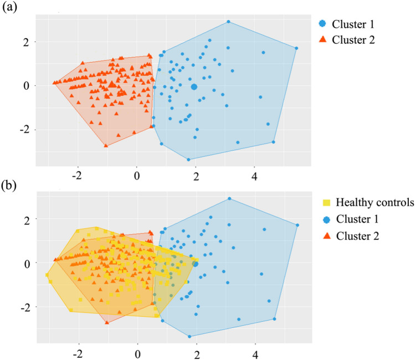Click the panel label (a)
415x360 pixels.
(9, 7)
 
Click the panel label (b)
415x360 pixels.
(9, 185)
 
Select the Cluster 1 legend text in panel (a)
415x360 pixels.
(353, 24)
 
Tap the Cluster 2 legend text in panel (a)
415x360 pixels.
(353, 40)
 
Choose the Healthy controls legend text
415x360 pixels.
(375, 202)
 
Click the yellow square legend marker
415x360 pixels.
(326, 203)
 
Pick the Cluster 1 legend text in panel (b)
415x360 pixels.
(357, 219)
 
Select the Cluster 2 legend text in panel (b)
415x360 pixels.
(357, 236)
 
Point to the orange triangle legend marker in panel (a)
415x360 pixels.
(322, 39)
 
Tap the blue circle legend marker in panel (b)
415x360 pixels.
(327, 219)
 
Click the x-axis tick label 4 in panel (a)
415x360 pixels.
(255, 177)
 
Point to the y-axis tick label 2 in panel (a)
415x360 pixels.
(26, 42)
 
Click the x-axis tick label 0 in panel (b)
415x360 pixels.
(137, 354)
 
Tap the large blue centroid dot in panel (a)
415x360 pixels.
(194, 87)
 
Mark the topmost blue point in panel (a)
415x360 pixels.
(229, 22)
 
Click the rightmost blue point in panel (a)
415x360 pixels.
(296, 48)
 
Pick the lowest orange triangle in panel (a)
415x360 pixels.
(106, 146)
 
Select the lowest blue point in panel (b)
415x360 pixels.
(189, 336)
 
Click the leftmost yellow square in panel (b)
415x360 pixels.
(47, 275)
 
